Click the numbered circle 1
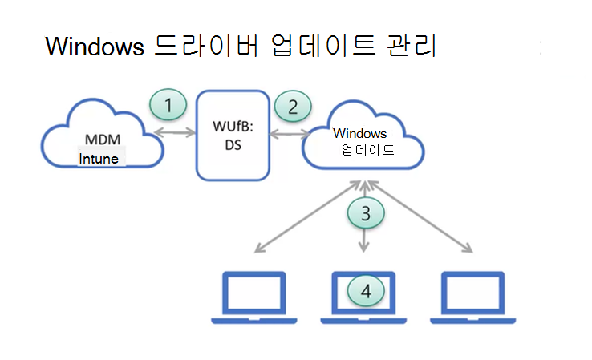(168, 105)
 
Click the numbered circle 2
(293, 106)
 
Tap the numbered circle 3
(366, 213)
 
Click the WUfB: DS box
(233, 134)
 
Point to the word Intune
(99, 159)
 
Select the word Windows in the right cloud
(360, 133)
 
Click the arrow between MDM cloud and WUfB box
(176, 132)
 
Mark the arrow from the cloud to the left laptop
(305, 216)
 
